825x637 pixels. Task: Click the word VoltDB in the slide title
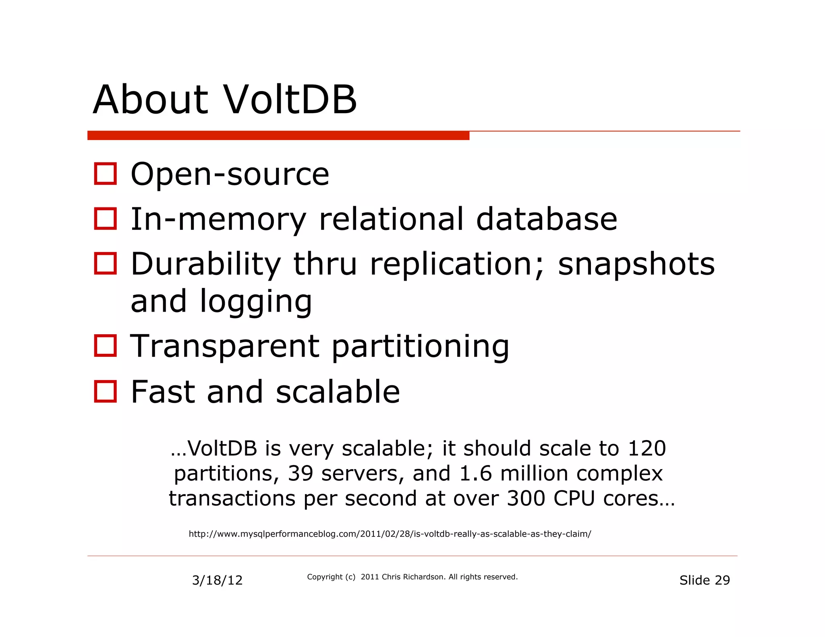tap(290, 100)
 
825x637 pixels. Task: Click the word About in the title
tap(150, 100)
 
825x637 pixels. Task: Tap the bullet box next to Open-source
tap(105, 174)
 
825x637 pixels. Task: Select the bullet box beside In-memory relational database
tap(105, 219)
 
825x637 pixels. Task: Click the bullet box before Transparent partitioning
tap(105, 345)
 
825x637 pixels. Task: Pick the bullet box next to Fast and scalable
tap(105, 391)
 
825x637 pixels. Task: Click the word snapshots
tap(636, 265)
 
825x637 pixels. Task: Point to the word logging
tap(256, 302)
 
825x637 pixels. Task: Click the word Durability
tap(205, 265)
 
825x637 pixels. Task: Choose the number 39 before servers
tap(301, 473)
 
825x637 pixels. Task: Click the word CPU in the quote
tap(574, 498)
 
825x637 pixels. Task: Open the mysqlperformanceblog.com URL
tap(390, 534)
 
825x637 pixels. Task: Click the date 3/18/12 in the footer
tap(217, 580)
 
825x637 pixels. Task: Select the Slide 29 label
tap(704, 580)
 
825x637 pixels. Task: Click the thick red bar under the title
tap(278, 136)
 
